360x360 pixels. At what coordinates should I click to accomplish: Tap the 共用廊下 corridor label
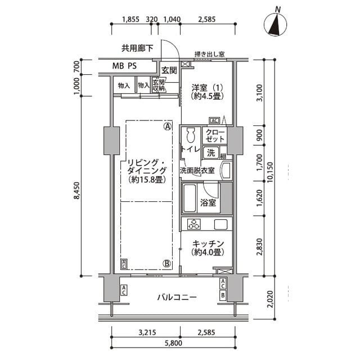click(x=137, y=48)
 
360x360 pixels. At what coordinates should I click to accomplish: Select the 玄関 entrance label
click(x=169, y=70)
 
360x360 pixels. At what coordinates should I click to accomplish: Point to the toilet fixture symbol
click(x=190, y=136)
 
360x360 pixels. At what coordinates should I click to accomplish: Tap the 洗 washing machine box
click(x=211, y=153)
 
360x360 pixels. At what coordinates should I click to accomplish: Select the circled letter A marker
click(x=167, y=127)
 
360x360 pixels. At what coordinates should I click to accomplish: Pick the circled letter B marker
click(x=167, y=263)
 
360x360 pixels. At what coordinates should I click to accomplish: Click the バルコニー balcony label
click(x=177, y=298)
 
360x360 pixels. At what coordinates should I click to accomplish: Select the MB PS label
click(x=123, y=66)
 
